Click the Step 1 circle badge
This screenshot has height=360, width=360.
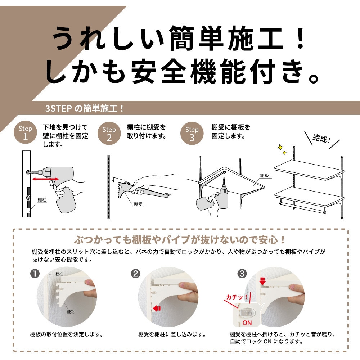25,132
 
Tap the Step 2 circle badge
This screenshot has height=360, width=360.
109,133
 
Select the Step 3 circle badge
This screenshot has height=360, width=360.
192,133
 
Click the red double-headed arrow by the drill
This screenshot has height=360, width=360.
45,179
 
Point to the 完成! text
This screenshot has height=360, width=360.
321,139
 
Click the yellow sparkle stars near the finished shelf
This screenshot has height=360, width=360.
282,149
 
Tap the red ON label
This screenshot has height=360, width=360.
247,323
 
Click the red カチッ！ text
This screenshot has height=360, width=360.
237,297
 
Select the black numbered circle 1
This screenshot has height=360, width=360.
35,274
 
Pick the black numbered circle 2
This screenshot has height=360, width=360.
136,274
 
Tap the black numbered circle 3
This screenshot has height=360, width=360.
242,274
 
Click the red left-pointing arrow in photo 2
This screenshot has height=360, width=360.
157,309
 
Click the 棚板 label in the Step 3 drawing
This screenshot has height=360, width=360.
265,176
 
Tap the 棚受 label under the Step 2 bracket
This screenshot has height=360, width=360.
138,204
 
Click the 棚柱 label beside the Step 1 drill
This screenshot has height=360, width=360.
42,200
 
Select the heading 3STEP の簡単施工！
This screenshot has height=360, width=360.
85,108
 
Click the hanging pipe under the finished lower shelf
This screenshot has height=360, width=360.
303,208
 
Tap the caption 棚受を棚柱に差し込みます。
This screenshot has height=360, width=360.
172,334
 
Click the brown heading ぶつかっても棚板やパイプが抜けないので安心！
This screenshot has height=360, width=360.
180,240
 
